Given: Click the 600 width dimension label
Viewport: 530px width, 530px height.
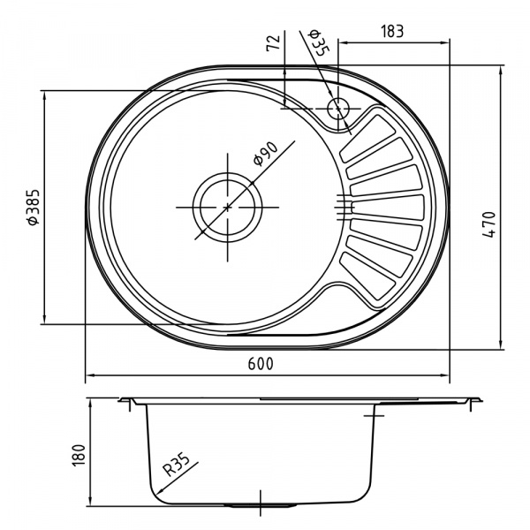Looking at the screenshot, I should pyautogui.click(x=262, y=364).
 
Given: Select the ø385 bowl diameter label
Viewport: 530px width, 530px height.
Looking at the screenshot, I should pyautogui.click(x=33, y=208).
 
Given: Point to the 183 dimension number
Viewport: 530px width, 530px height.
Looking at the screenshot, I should pyautogui.click(x=393, y=31).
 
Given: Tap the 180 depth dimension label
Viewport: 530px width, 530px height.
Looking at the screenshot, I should pyautogui.click(x=77, y=453).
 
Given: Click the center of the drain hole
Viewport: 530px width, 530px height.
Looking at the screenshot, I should pyautogui.click(x=227, y=207).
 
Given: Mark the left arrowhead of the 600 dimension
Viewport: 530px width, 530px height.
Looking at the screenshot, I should pyautogui.click(x=87, y=376).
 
